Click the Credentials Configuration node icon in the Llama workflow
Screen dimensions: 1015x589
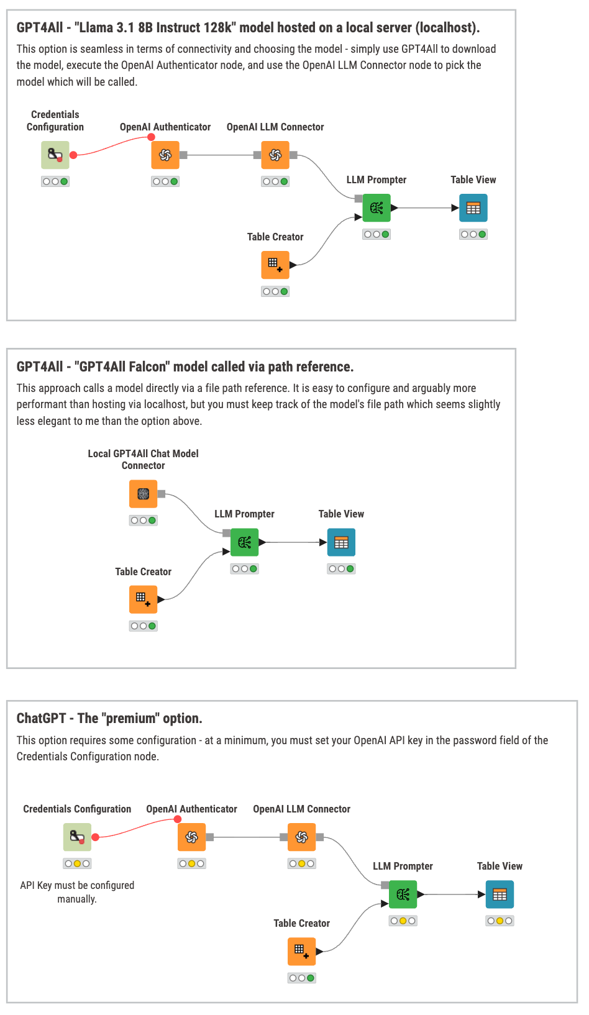pos(55,155)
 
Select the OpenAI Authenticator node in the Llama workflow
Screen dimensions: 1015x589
pos(165,155)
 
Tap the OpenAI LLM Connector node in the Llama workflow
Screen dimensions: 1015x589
pos(275,155)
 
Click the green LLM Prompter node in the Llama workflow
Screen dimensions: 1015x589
pos(377,208)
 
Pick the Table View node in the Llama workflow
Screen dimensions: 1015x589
pos(473,208)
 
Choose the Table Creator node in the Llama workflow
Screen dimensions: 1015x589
pos(275,265)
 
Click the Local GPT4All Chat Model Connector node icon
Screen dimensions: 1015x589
pos(144,494)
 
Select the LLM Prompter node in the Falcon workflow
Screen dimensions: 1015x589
pos(245,542)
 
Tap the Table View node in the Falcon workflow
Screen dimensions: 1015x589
pos(341,542)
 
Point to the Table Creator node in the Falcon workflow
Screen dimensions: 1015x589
pos(144,599)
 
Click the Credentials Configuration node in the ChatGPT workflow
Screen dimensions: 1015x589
pos(77,837)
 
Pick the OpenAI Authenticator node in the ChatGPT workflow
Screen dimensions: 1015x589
pos(191,837)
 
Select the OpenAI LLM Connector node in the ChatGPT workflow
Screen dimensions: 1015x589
pos(302,837)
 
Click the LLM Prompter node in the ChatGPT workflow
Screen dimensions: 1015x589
pos(403,894)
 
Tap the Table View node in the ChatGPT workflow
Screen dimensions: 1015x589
pos(500,894)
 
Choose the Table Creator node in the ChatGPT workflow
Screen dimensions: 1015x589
pos(302,952)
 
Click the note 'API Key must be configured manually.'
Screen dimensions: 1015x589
pos(77,892)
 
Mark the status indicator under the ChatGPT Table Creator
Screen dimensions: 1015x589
pos(302,978)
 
